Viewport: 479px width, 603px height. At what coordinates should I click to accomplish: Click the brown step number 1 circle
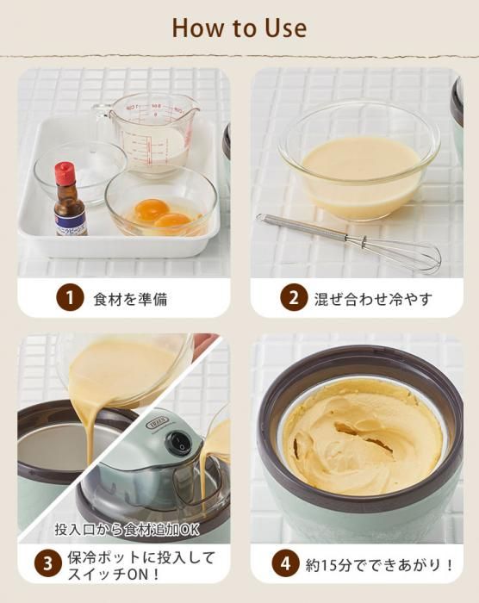click(70, 298)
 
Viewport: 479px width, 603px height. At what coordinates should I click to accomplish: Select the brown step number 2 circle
click(294, 298)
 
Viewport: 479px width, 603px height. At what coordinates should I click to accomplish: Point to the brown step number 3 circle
click(47, 564)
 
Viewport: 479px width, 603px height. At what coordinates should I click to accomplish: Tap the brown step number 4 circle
click(285, 564)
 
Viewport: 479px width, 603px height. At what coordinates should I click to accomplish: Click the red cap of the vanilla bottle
click(65, 173)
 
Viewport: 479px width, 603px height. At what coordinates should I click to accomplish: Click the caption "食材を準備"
click(130, 298)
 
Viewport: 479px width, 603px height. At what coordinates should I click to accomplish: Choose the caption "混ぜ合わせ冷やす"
click(373, 298)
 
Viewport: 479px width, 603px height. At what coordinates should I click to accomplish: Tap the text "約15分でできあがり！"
click(379, 564)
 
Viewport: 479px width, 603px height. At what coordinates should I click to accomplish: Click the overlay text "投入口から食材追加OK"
click(127, 529)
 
